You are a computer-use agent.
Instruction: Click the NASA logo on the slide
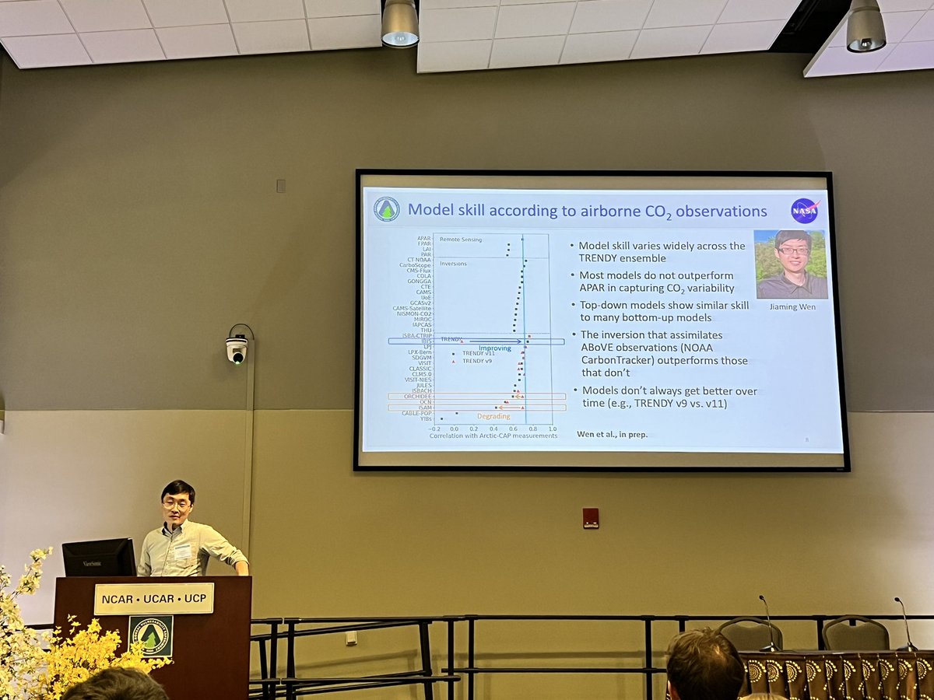pyautogui.click(x=804, y=211)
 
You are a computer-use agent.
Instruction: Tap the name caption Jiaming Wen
pyautogui.click(x=791, y=306)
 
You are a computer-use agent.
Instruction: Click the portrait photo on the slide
pyautogui.click(x=791, y=264)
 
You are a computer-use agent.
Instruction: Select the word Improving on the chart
pyautogui.click(x=494, y=348)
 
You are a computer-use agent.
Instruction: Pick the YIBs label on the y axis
pyautogui.click(x=426, y=418)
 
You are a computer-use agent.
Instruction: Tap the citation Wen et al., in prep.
pyautogui.click(x=611, y=434)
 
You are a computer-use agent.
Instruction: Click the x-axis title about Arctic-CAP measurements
pyautogui.click(x=493, y=436)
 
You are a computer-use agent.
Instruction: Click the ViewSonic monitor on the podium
pyautogui.click(x=99, y=557)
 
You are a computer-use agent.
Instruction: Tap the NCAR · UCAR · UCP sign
pyautogui.click(x=153, y=599)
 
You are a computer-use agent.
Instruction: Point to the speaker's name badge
pyautogui.click(x=183, y=551)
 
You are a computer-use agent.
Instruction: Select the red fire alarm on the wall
pyautogui.click(x=591, y=518)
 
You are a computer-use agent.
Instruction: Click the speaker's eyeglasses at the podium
pyautogui.click(x=177, y=504)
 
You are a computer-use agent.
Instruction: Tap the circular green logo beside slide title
pyautogui.click(x=386, y=208)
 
